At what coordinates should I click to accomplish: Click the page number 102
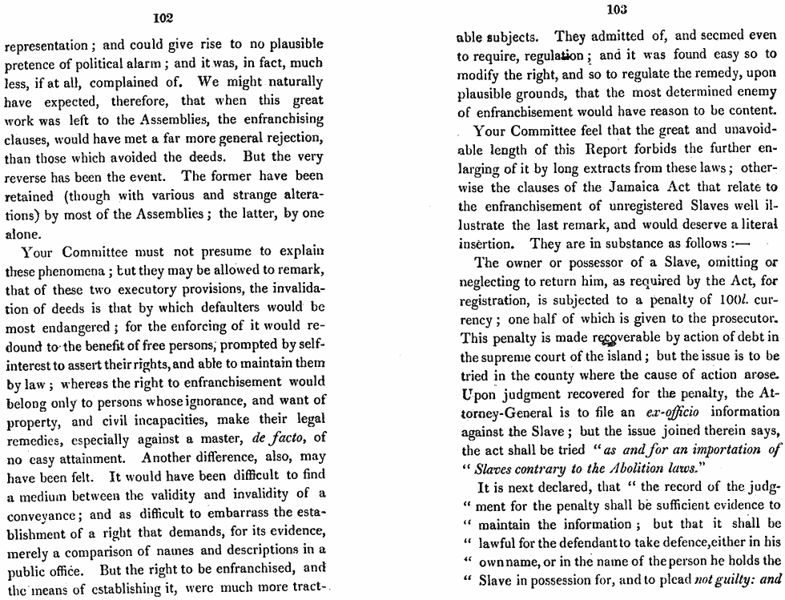(x=163, y=17)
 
